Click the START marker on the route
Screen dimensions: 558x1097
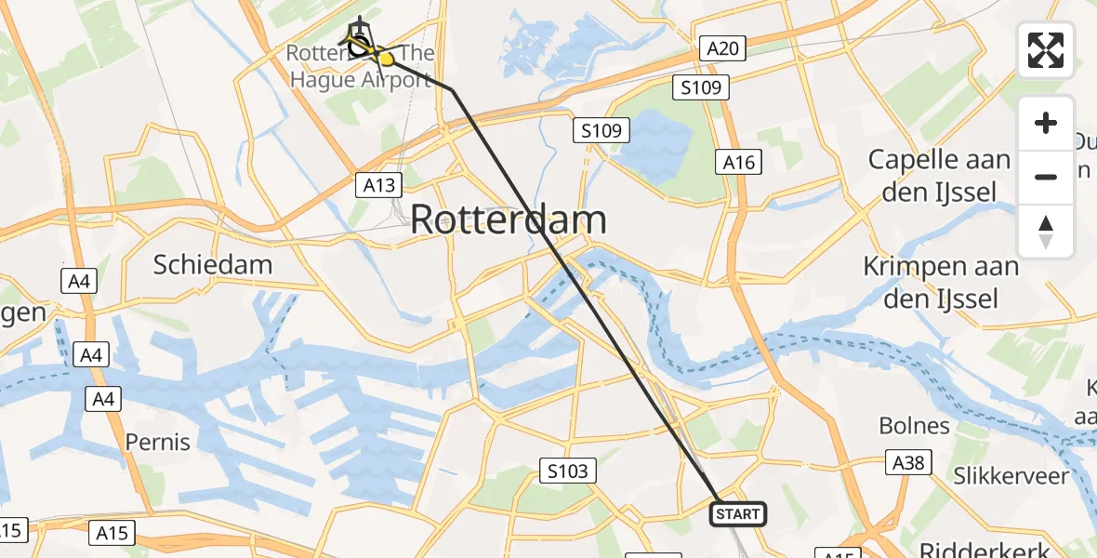tap(738, 513)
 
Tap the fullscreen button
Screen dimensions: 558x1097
tap(1046, 50)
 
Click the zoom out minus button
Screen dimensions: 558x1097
tap(1046, 177)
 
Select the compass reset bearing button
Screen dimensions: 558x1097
tap(1046, 231)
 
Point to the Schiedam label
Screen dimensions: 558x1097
tap(213, 264)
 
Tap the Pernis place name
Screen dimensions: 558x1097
tap(158, 442)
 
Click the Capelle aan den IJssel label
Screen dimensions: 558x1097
tap(939, 176)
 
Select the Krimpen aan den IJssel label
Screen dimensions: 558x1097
tap(941, 282)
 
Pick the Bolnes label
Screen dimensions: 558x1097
tap(915, 426)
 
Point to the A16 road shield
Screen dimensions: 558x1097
tap(740, 163)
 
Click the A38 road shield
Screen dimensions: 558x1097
tap(907, 463)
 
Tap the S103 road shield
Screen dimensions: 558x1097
tap(567, 472)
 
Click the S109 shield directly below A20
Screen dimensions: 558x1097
tap(701, 88)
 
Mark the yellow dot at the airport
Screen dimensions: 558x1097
tap(386, 59)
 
